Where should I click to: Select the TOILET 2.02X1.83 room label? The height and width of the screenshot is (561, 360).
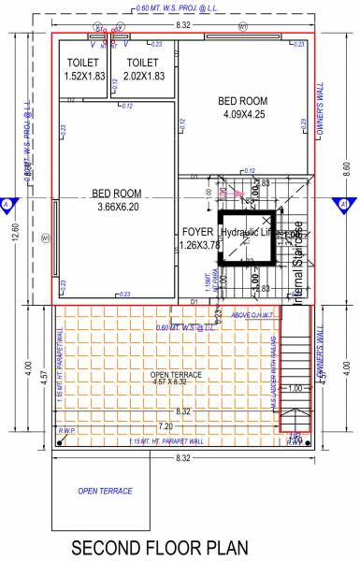143,68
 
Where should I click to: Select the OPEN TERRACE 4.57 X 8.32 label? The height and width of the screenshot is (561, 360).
175,380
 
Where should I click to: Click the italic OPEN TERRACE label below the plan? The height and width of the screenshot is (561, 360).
105,490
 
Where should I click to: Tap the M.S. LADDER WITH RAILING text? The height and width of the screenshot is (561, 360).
277,360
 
